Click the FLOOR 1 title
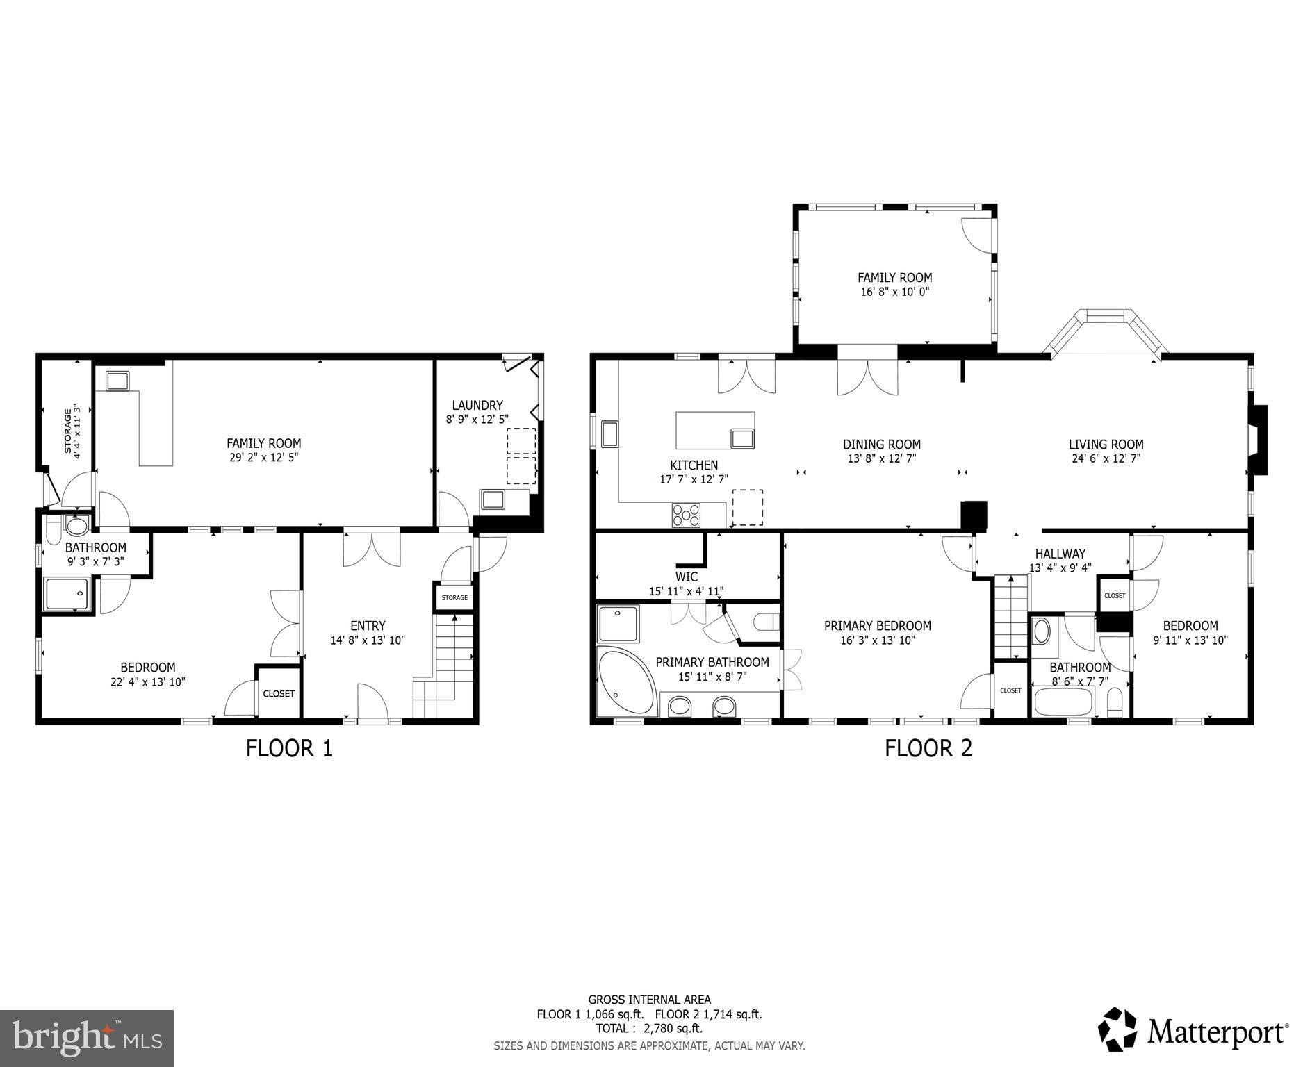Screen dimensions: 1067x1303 [289, 748]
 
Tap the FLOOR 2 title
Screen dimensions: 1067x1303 [928, 748]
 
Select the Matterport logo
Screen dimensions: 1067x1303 [1193, 1032]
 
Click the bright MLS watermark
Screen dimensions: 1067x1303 [87, 1039]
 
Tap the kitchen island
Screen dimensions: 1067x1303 [714, 431]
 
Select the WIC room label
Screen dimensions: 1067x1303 [686, 577]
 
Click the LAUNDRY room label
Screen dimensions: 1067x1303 [477, 406]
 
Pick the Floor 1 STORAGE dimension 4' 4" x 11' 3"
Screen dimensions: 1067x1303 [77, 431]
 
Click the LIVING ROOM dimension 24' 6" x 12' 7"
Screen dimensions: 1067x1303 [1106, 458]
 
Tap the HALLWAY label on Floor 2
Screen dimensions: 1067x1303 [1060, 554]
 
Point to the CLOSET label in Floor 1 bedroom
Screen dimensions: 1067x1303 [279, 693]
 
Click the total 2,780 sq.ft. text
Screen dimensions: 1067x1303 [648, 1028]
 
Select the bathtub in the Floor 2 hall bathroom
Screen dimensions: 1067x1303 [1063, 702]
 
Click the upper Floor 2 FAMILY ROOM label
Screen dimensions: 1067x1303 [894, 278]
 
